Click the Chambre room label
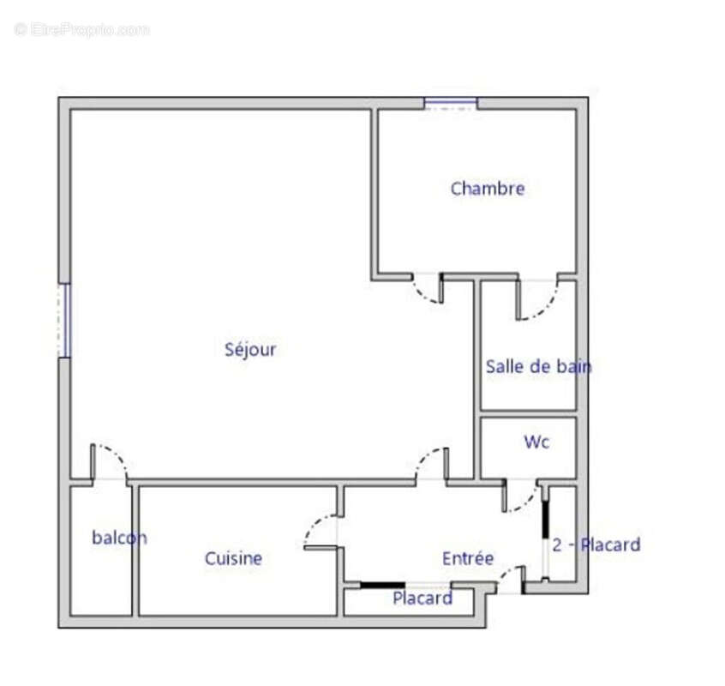coord(487,189)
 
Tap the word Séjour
coord(250,350)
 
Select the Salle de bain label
coord(538,367)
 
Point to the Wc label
coord(536,442)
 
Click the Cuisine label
coord(233,559)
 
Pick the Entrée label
coord(468,558)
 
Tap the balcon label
coord(119,539)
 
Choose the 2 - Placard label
coord(596,545)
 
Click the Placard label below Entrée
coord(422,599)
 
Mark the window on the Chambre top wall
coord(451,104)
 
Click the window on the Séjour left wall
coord(63,320)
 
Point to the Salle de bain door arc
coord(539,304)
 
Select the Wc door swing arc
coord(523,500)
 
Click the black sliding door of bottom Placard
coord(381,586)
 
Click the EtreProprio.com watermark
coord(82,30)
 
